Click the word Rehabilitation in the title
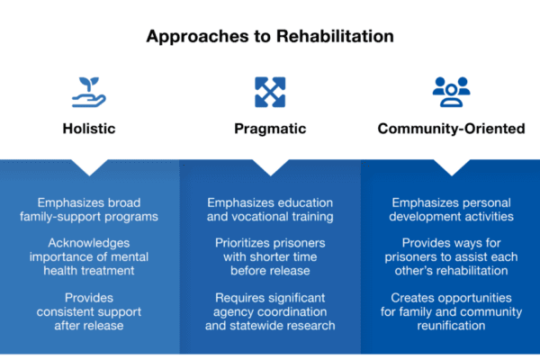point(335,36)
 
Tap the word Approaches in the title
point(197,37)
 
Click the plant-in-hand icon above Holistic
point(89,93)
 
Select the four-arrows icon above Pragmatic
point(270,92)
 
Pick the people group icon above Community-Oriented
point(451,92)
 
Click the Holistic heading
point(89,129)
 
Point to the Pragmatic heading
point(270,129)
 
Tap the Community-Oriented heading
point(451,129)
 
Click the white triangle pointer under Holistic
point(89,166)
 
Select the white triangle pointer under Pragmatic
point(271,166)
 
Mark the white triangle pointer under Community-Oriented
point(452,166)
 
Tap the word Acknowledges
point(89,243)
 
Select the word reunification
point(451,326)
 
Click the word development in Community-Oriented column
point(425,217)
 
